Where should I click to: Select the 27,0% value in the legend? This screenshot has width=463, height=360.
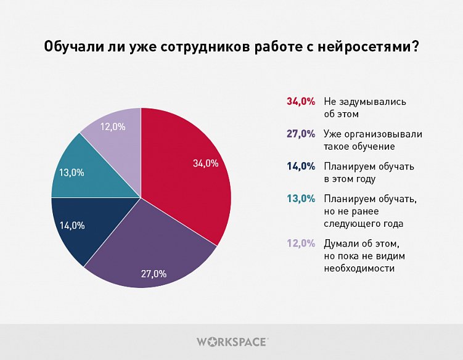tap(301, 134)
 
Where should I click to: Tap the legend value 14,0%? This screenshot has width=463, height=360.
tap(301, 166)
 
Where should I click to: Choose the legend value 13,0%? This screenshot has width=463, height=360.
tap(301, 198)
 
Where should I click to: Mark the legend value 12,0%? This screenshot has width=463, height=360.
tap(301, 243)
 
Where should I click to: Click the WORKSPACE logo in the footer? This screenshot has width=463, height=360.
tap(232, 341)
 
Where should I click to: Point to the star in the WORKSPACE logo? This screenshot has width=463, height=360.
tap(216, 341)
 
